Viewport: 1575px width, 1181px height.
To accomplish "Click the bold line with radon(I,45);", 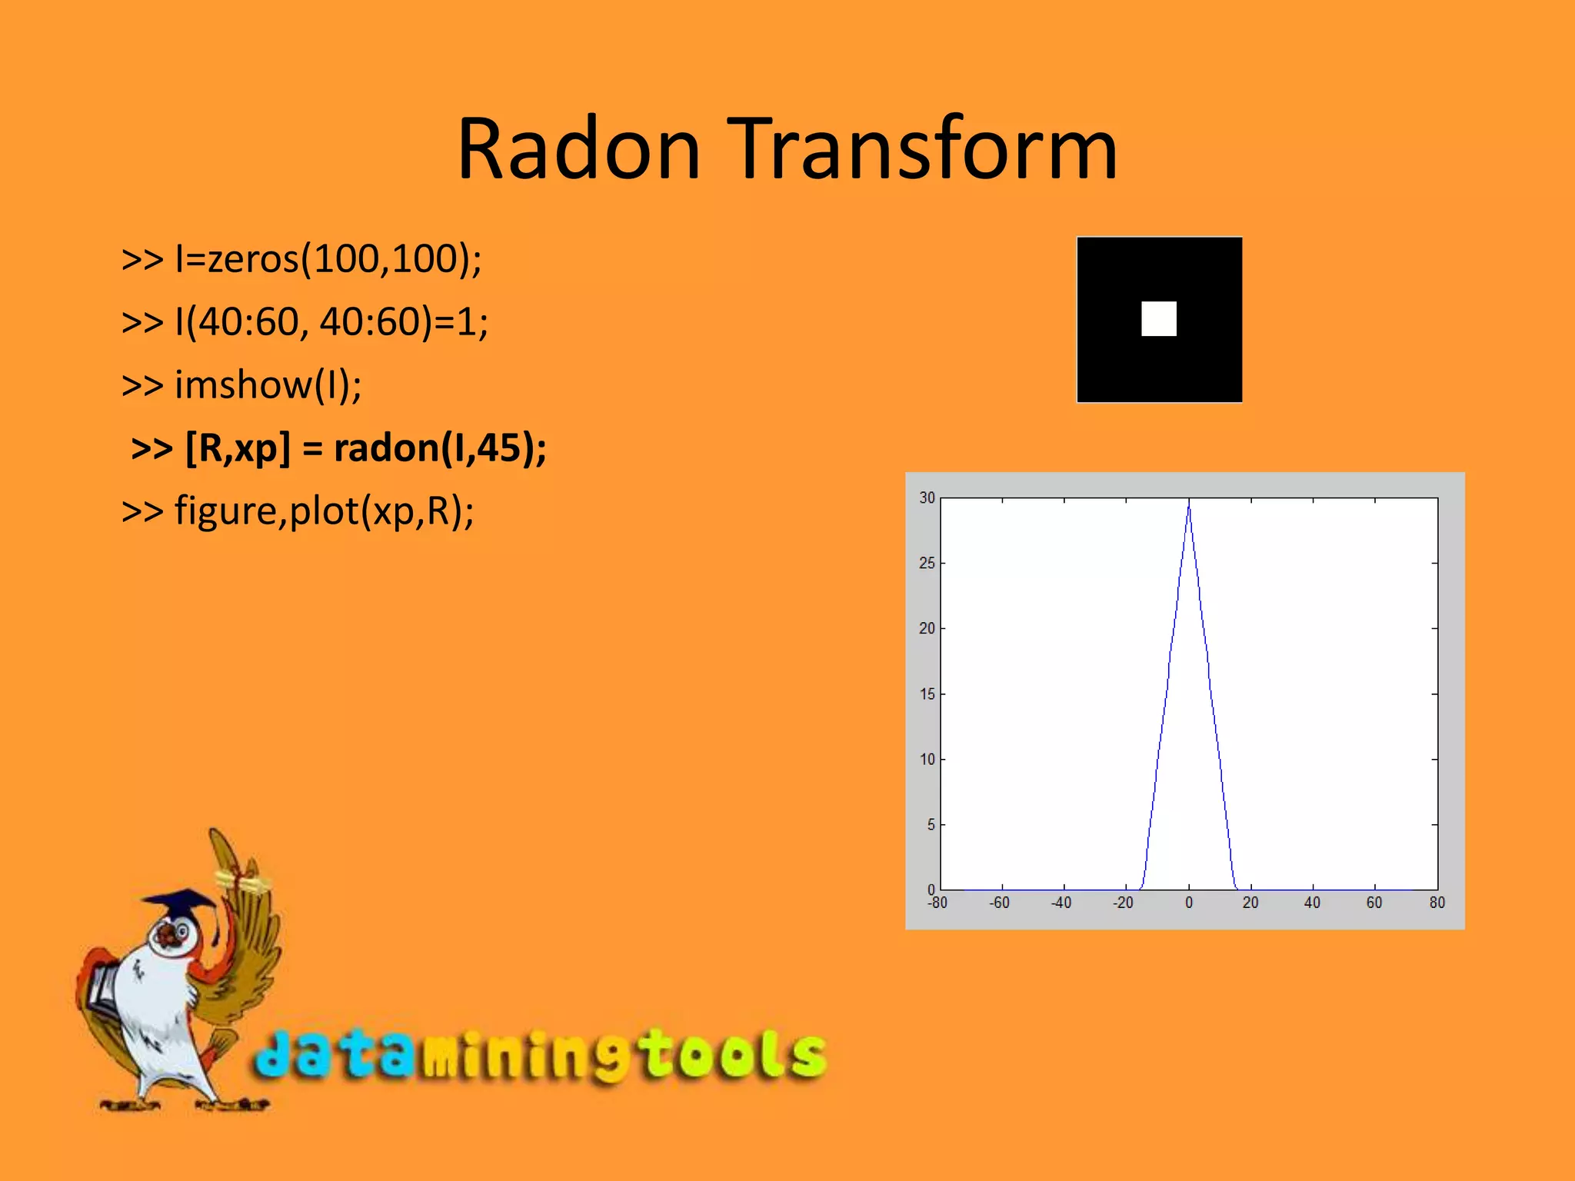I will tap(338, 447).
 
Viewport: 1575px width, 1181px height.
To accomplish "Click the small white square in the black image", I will tap(1158, 318).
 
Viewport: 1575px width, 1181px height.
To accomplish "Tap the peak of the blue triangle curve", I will tap(1189, 502).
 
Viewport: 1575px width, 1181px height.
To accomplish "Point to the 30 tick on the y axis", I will tap(927, 498).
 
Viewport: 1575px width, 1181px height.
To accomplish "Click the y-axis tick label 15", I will tap(927, 694).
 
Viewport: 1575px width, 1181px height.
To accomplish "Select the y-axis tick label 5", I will tap(931, 825).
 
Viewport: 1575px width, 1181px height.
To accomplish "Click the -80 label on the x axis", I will tap(937, 903).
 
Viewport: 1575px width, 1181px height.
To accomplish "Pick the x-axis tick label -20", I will tap(1123, 903).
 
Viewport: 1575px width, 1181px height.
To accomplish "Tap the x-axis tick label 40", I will tap(1312, 903).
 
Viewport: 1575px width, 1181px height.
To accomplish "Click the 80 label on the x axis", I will tap(1437, 903).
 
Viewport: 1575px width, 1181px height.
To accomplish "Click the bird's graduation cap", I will tap(181, 901).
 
